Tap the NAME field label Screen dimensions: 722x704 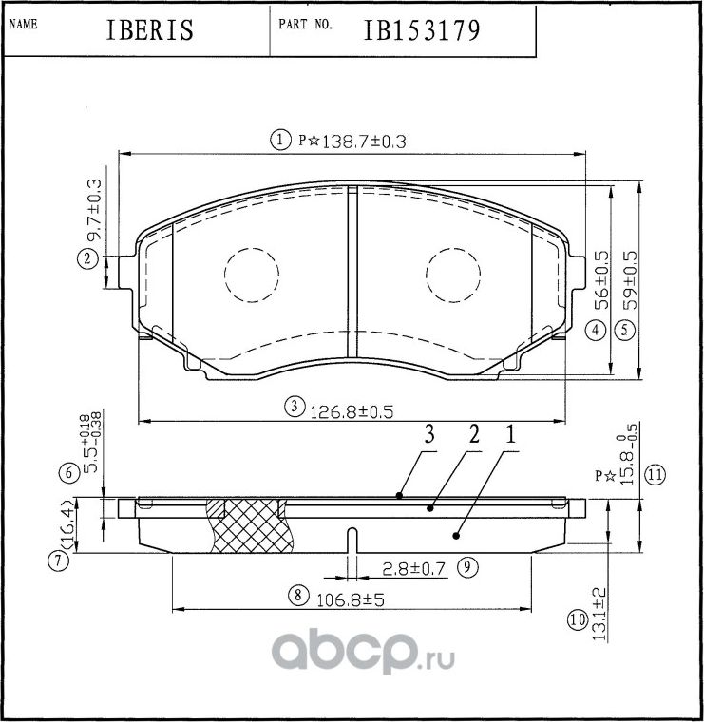click(x=23, y=25)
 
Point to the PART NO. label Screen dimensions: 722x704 click(x=305, y=25)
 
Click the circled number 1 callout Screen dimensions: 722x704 click(x=280, y=141)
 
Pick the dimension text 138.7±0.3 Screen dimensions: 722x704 click(x=365, y=141)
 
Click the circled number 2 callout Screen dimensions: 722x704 click(x=87, y=258)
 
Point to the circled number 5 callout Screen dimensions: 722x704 click(x=624, y=331)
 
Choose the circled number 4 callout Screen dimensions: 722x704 click(x=596, y=331)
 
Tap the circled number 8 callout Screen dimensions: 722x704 click(x=297, y=597)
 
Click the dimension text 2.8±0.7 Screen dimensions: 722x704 click(x=414, y=569)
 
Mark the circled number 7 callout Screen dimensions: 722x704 click(x=59, y=561)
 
